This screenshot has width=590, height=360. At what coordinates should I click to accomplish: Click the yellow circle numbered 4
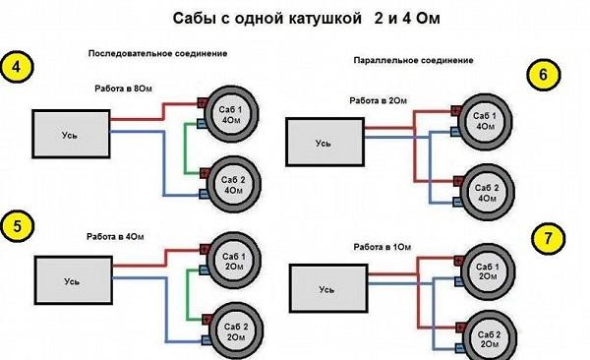pyautogui.click(x=17, y=68)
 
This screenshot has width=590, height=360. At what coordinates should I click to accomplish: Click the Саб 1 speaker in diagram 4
pyautogui.click(x=233, y=111)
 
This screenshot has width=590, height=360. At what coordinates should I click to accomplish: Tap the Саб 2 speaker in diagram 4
pyautogui.click(x=234, y=184)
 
